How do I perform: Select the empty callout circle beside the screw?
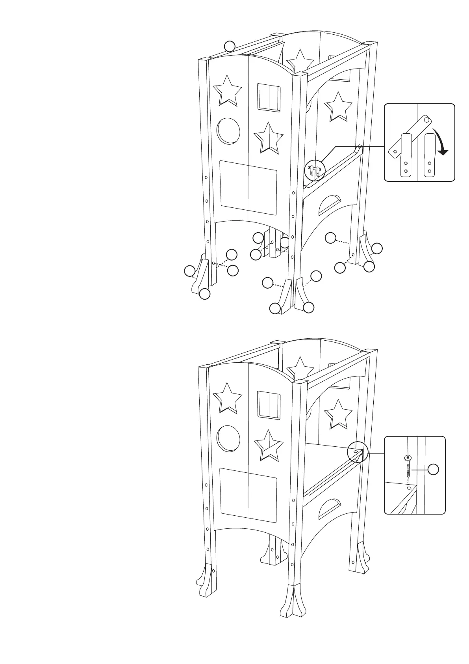[x=433, y=469]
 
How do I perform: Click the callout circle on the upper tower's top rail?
[x=230, y=46]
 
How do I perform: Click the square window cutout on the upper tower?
[x=269, y=97]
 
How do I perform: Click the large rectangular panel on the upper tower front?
[x=248, y=187]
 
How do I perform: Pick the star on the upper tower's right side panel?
[x=338, y=106]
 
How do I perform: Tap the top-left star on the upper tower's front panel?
[x=227, y=90]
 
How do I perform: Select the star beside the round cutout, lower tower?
[x=269, y=445]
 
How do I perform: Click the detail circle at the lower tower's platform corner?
[x=357, y=451]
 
